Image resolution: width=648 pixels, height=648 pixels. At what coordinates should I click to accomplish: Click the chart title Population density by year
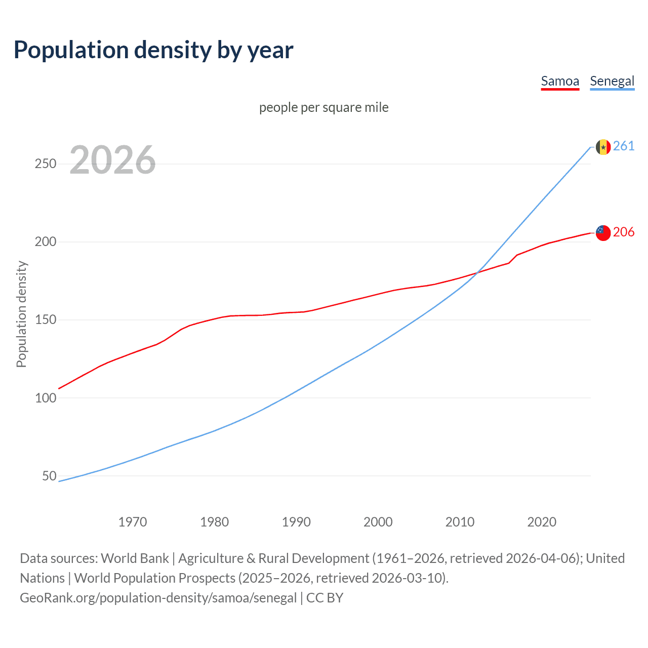pyautogui.click(x=153, y=50)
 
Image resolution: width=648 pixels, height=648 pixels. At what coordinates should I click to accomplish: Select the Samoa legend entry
pyautogui.click(x=560, y=81)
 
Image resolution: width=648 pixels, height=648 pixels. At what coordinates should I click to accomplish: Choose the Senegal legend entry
pyautogui.click(x=612, y=81)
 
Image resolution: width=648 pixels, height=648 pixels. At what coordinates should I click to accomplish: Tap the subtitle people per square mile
pyautogui.click(x=324, y=107)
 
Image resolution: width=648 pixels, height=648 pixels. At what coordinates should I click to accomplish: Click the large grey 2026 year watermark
pyautogui.click(x=112, y=160)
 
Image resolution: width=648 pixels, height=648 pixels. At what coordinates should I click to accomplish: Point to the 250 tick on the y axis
pyautogui.click(x=46, y=164)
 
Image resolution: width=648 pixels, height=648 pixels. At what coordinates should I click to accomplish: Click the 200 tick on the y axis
pyautogui.click(x=46, y=242)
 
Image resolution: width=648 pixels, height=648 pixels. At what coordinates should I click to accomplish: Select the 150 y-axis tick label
pyautogui.click(x=46, y=320)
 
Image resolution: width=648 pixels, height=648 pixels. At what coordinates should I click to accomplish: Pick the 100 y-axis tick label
pyautogui.click(x=46, y=398)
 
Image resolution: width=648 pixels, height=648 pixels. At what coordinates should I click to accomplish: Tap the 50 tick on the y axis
pyautogui.click(x=49, y=476)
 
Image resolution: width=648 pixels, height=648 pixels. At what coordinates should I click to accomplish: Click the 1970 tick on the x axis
pyautogui.click(x=133, y=522)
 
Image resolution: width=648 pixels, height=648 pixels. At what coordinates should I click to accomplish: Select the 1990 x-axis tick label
pyautogui.click(x=296, y=522)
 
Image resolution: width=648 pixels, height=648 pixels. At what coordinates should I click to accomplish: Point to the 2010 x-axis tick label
pyautogui.click(x=460, y=522)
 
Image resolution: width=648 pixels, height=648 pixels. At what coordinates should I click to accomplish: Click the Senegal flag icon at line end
pyautogui.click(x=603, y=147)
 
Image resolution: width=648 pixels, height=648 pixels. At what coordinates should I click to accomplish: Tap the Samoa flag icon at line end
pyautogui.click(x=603, y=233)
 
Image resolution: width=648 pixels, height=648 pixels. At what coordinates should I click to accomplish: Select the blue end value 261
pyautogui.click(x=624, y=146)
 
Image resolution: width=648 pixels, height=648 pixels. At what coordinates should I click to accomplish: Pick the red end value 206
pyautogui.click(x=624, y=232)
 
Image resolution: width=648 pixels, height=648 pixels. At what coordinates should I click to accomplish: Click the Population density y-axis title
pyautogui.click(x=21, y=314)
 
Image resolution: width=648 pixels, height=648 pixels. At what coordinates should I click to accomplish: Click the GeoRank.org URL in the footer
pyautogui.click(x=158, y=598)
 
